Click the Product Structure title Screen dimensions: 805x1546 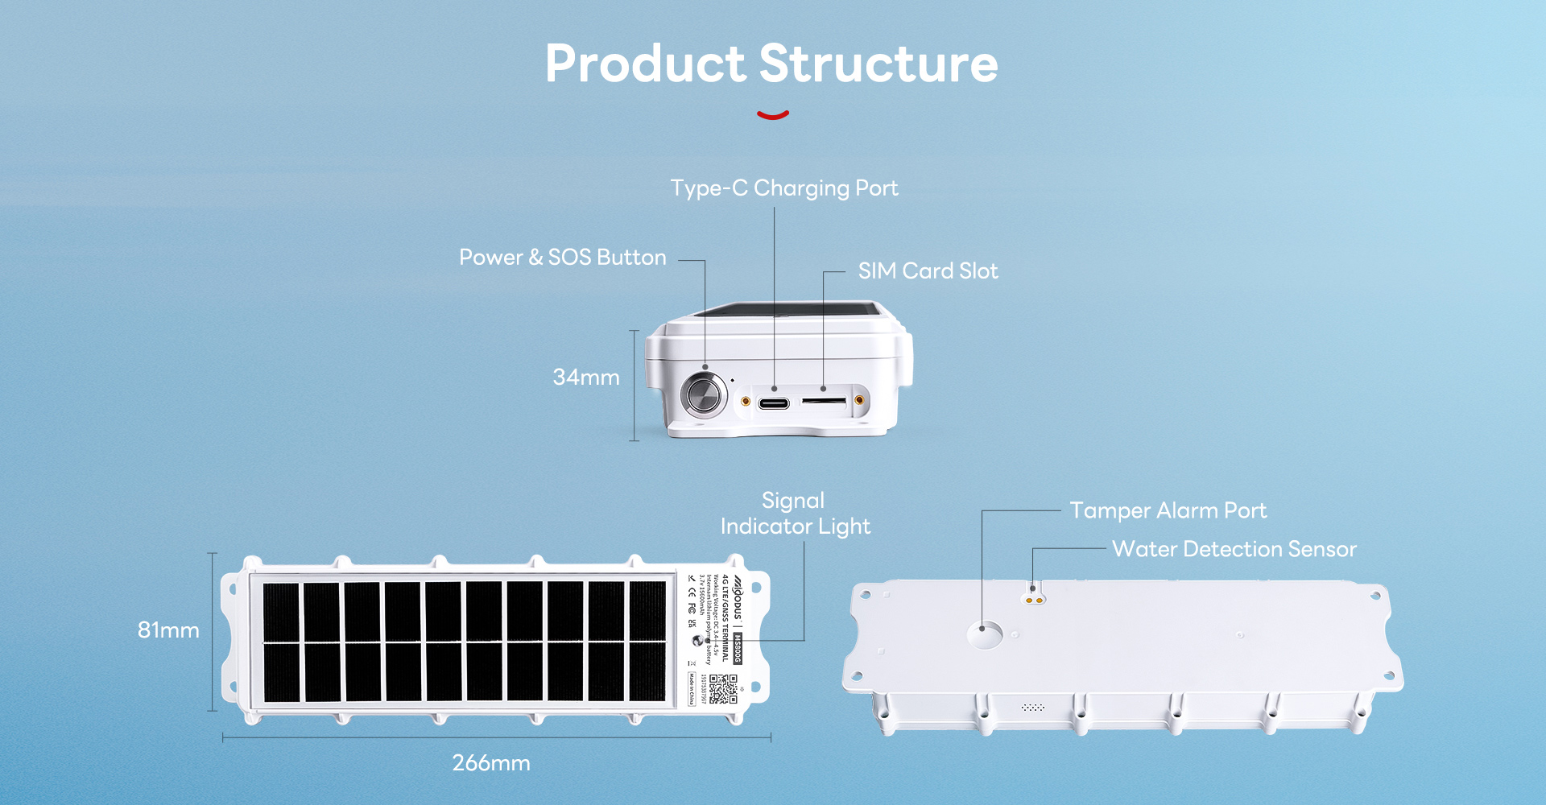click(x=771, y=64)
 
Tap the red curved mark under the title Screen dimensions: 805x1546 click(x=773, y=115)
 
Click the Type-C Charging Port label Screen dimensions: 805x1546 click(x=784, y=188)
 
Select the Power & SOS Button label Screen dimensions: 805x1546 click(x=562, y=258)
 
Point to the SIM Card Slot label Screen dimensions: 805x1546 click(x=928, y=271)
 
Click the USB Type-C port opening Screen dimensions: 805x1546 click(x=774, y=402)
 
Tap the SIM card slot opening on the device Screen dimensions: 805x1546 click(x=824, y=400)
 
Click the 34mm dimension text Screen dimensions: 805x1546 click(x=586, y=378)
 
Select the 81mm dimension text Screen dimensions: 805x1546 click(x=168, y=630)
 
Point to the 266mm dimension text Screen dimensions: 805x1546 click(x=491, y=763)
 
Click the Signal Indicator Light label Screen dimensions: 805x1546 click(x=795, y=514)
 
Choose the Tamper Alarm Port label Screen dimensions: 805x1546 click(x=1168, y=511)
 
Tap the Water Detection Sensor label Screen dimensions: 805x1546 click(x=1234, y=550)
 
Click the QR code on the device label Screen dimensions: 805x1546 click(x=722, y=689)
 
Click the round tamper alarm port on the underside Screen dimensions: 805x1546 click(x=985, y=634)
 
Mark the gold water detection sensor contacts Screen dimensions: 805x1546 click(x=1034, y=600)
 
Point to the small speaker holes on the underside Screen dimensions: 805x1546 click(x=1032, y=708)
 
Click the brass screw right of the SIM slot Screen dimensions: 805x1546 click(x=859, y=400)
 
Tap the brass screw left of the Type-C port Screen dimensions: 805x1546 click(x=746, y=401)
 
